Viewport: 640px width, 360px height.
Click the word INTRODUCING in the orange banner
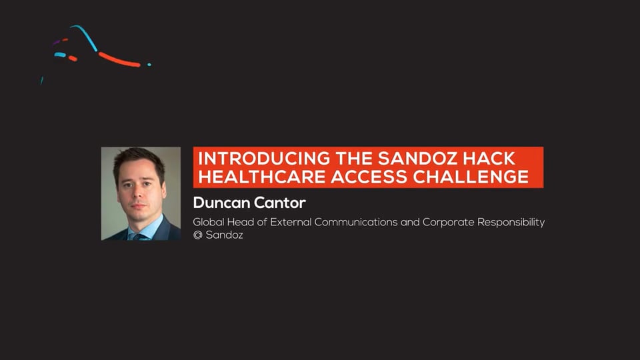[264, 159]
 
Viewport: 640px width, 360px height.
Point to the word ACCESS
[369, 177]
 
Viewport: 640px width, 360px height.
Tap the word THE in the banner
[353, 159]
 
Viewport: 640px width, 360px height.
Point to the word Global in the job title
[208, 222]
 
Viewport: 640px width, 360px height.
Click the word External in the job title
[291, 222]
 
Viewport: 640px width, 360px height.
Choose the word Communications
[355, 222]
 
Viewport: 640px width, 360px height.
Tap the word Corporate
[448, 222]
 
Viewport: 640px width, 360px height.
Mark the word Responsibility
[511, 223]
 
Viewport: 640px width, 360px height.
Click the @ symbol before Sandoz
[197, 235]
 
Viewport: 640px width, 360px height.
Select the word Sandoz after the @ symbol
[224, 235]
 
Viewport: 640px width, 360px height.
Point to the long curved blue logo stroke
[86, 37]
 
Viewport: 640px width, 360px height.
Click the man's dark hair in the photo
[138, 157]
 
